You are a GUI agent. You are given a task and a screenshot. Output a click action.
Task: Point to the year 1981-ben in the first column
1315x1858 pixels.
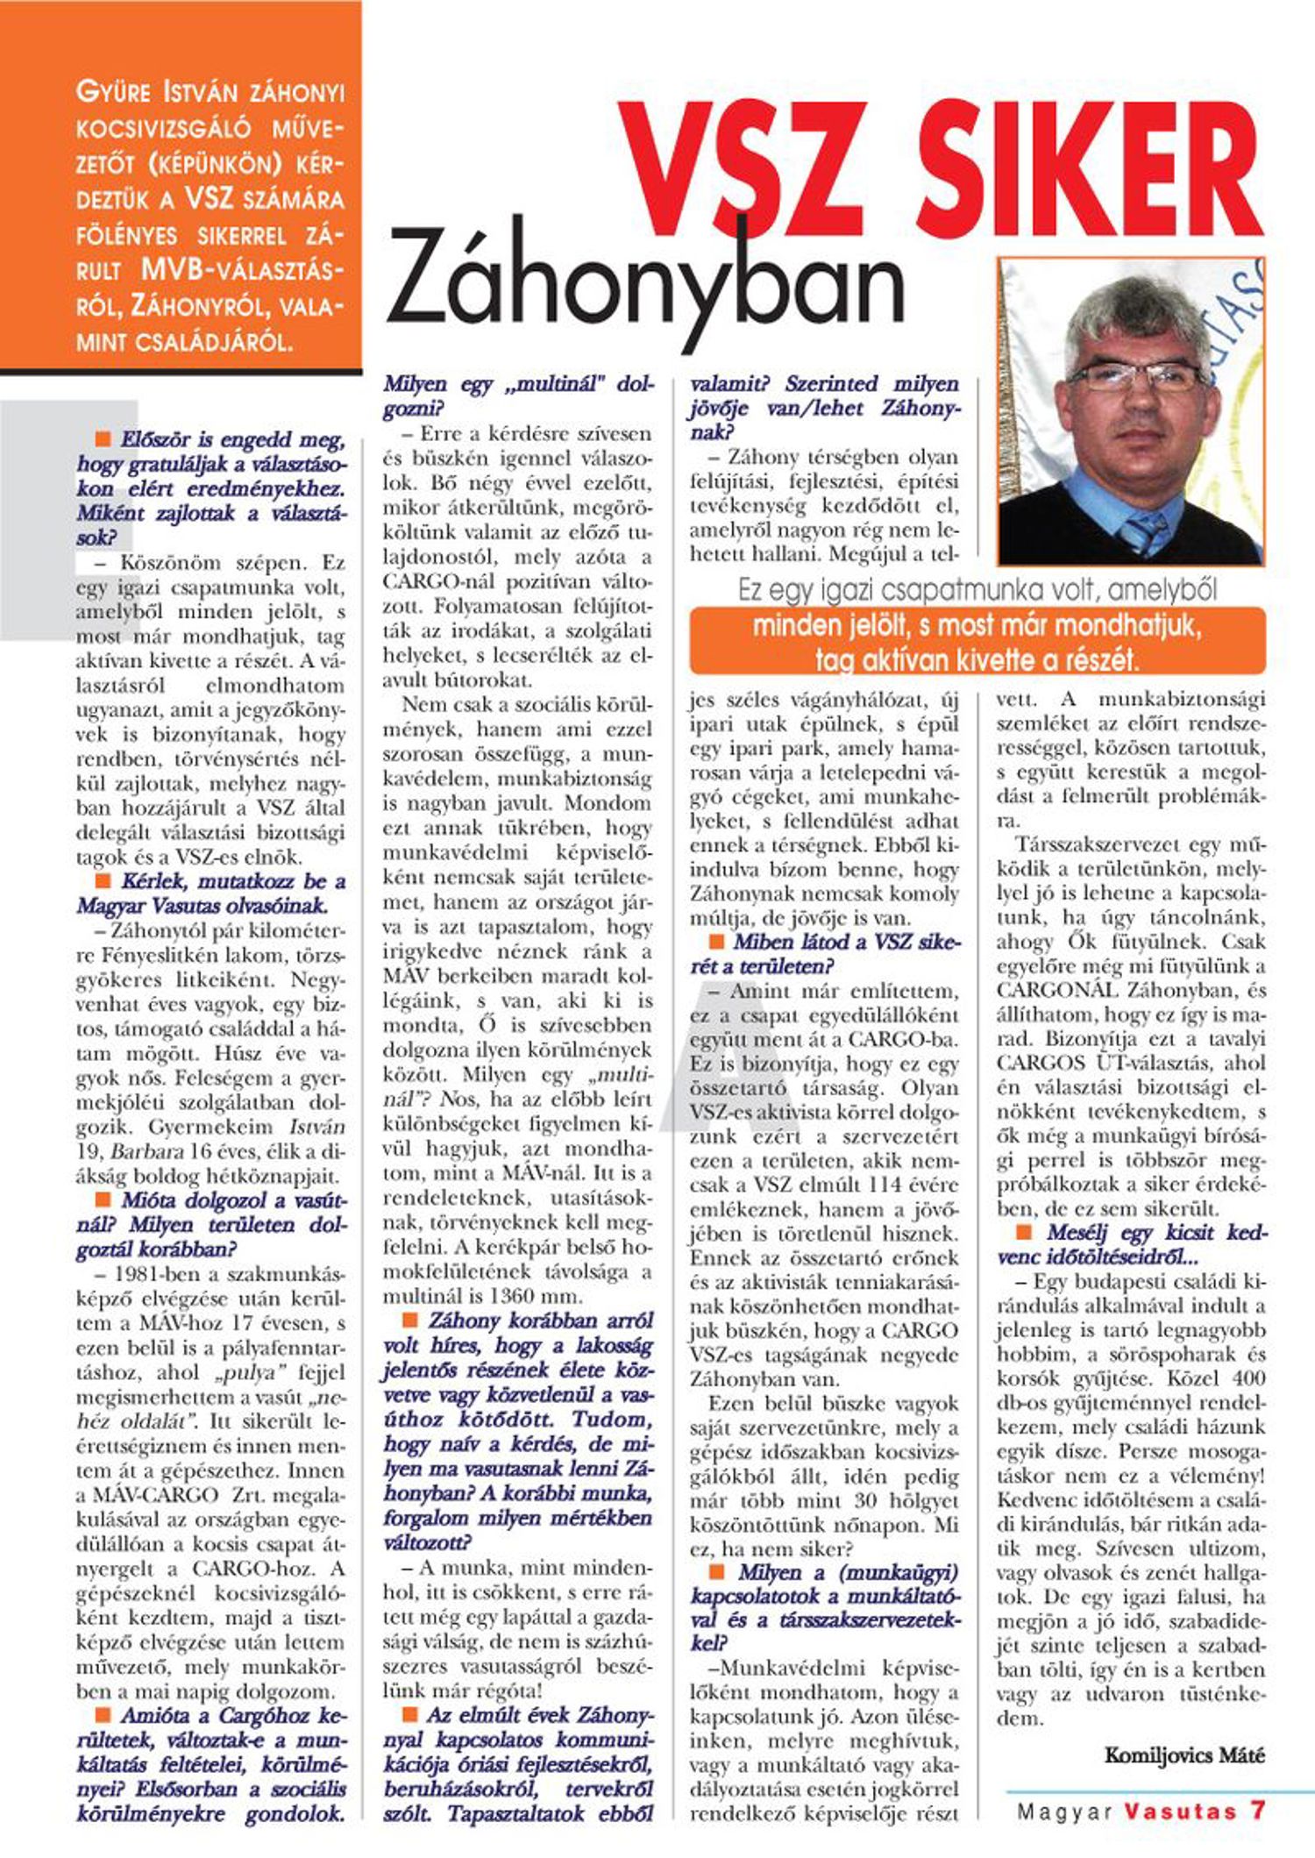(146, 1273)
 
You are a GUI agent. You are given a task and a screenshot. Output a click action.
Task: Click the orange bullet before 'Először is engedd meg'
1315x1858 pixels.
(103, 438)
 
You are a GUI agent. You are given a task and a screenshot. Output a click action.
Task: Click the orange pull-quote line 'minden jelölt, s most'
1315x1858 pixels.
(976, 626)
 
